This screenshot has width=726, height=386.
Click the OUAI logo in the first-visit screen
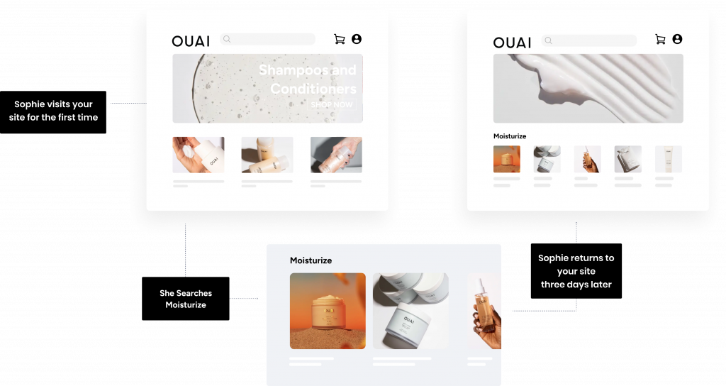pyautogui.click(x=191, y=41)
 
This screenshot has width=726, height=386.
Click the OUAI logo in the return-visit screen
pyautogui.click(x=512, y=43)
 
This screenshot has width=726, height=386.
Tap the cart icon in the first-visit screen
pyautogui.click(x=340, y=40)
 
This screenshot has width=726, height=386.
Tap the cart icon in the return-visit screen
pyautogui.click(x=660, y=40)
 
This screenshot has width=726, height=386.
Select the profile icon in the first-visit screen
pyautogui.click(x=357, y=39)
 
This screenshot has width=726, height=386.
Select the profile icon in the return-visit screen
pyautogui.click(x=677, y=39)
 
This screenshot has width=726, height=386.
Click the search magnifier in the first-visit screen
pyautogui.click(x=227, y=40)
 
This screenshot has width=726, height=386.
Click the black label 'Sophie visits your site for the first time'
pyautogui.click(x=53, y=112)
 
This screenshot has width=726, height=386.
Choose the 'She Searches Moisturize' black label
pyautogui.click(x=186, y=299)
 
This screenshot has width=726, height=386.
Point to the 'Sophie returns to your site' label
pyautogui.click(x=576, y=271)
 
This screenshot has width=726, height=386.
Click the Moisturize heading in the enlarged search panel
pyautogui.click(x=311, y=260)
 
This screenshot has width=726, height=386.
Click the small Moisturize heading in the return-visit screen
pyautogui.click(x=510, y=136)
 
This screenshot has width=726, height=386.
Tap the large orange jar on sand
pyautogui.click(x=328, y=311)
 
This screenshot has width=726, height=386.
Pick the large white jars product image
pyautogui.click(x=411, y=311)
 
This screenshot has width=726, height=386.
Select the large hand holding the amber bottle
pyautogui.click(x=485, y=311)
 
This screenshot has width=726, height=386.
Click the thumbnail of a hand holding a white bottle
pyautogui.click(x=199, y=155)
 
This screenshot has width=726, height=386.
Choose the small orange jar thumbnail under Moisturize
pyautogui.click(x=506, y=159)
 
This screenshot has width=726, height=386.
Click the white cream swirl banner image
pyautogui.click(x=588, y=88)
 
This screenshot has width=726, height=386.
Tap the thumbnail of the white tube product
pyautogui.click(x=668, y=159)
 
